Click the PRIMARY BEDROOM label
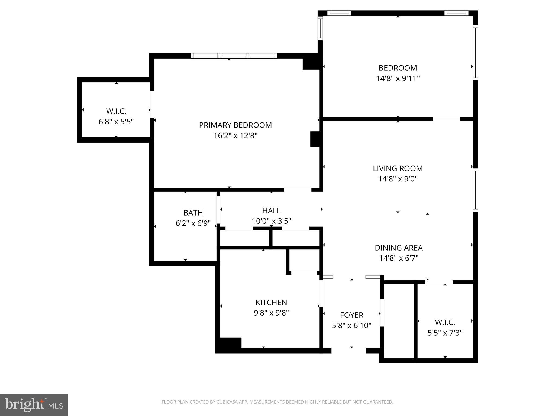tap(235, 125)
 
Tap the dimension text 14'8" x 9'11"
tap(398, 78)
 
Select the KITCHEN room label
tap(271, 302)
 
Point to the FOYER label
tap(351, 315)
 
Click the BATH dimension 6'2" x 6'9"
tap(193, 223)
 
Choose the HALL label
tap(271, 210)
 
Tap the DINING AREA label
tap(398, 248)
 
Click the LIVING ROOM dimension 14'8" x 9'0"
tap(398, 179)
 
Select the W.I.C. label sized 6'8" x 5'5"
tap(116, 111)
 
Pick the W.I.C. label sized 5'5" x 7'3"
tap(445, 322)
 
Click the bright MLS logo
tap(34, 405)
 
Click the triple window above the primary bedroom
tap(234, 56)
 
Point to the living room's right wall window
tap(475, 190)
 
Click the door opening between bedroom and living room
tap(446, 119)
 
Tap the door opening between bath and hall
tap(218, 210)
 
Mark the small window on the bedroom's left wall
tap(320, 28)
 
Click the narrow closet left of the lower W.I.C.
tap(399, 321)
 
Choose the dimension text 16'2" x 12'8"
tap(235, 135)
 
